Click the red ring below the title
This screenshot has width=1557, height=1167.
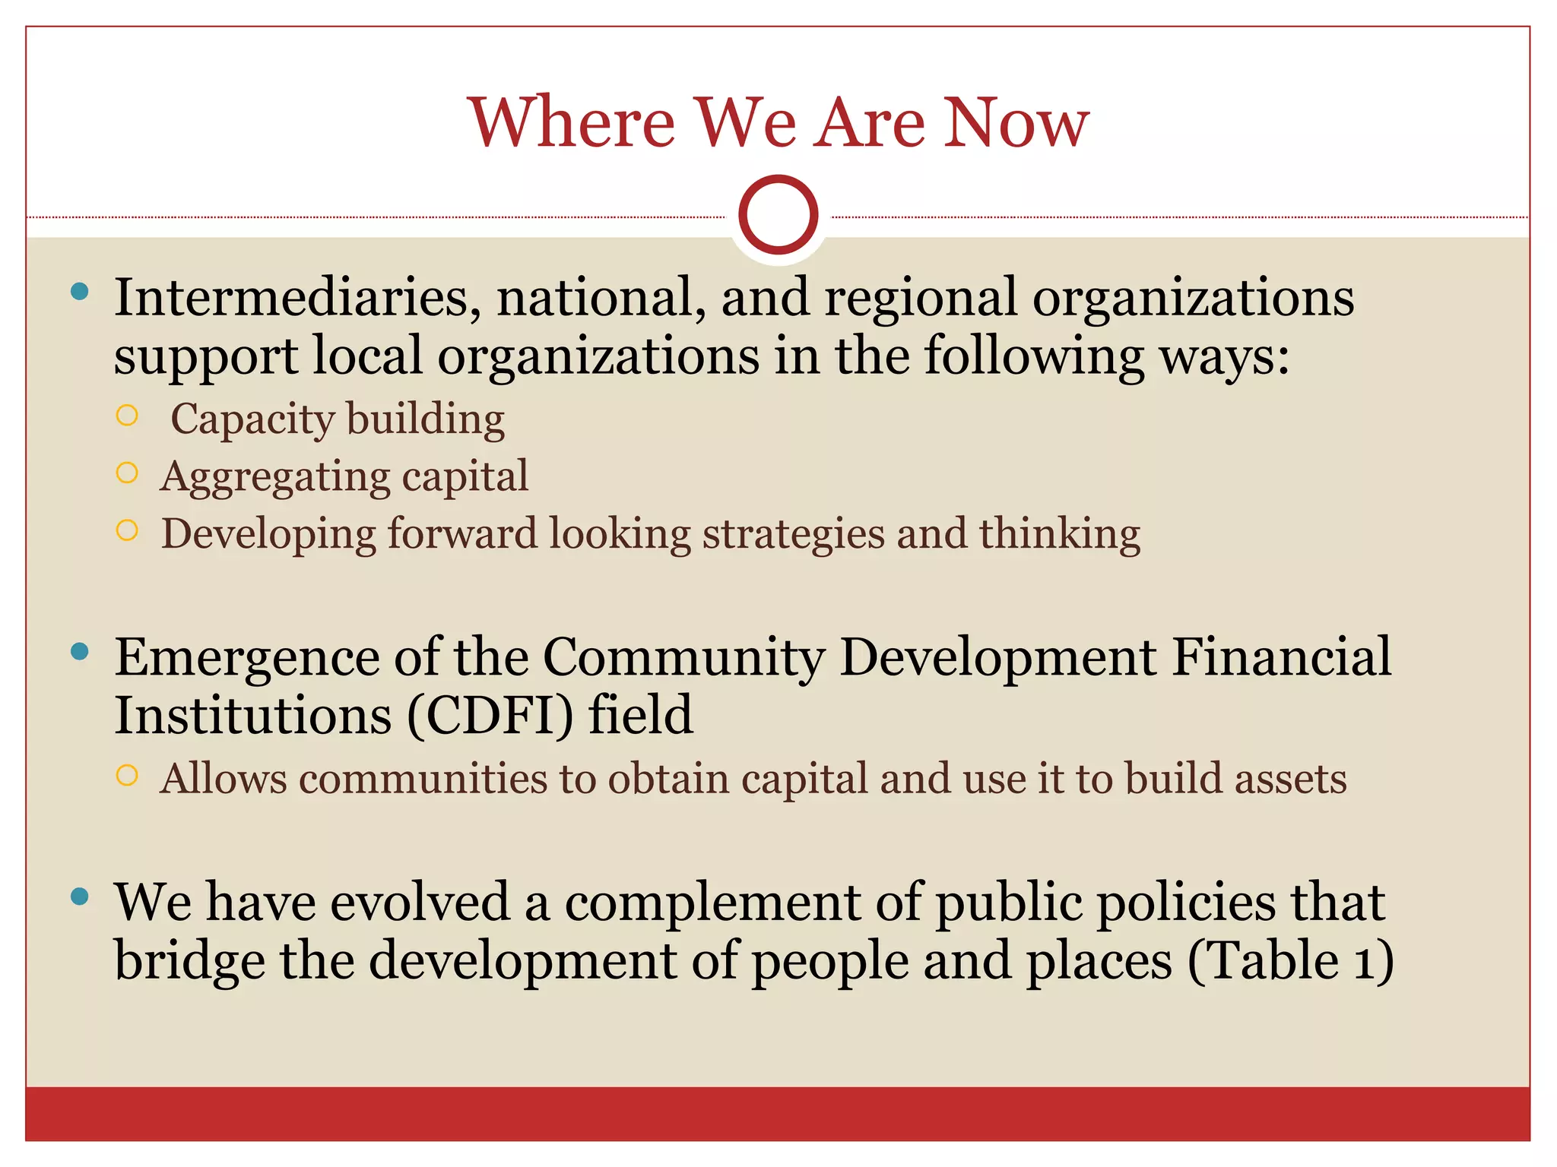778,215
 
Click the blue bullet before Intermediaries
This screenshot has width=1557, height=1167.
79,291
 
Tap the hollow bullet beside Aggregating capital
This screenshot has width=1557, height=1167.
127,473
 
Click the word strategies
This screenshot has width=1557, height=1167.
793,534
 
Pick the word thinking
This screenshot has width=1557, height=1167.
1059,534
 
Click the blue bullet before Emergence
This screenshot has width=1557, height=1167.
79,651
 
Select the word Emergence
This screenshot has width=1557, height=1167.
246,658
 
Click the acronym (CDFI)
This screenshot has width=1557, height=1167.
490,716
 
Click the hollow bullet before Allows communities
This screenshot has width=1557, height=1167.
127,775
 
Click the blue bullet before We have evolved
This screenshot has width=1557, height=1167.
79,897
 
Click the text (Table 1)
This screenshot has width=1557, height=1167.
1290,962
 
